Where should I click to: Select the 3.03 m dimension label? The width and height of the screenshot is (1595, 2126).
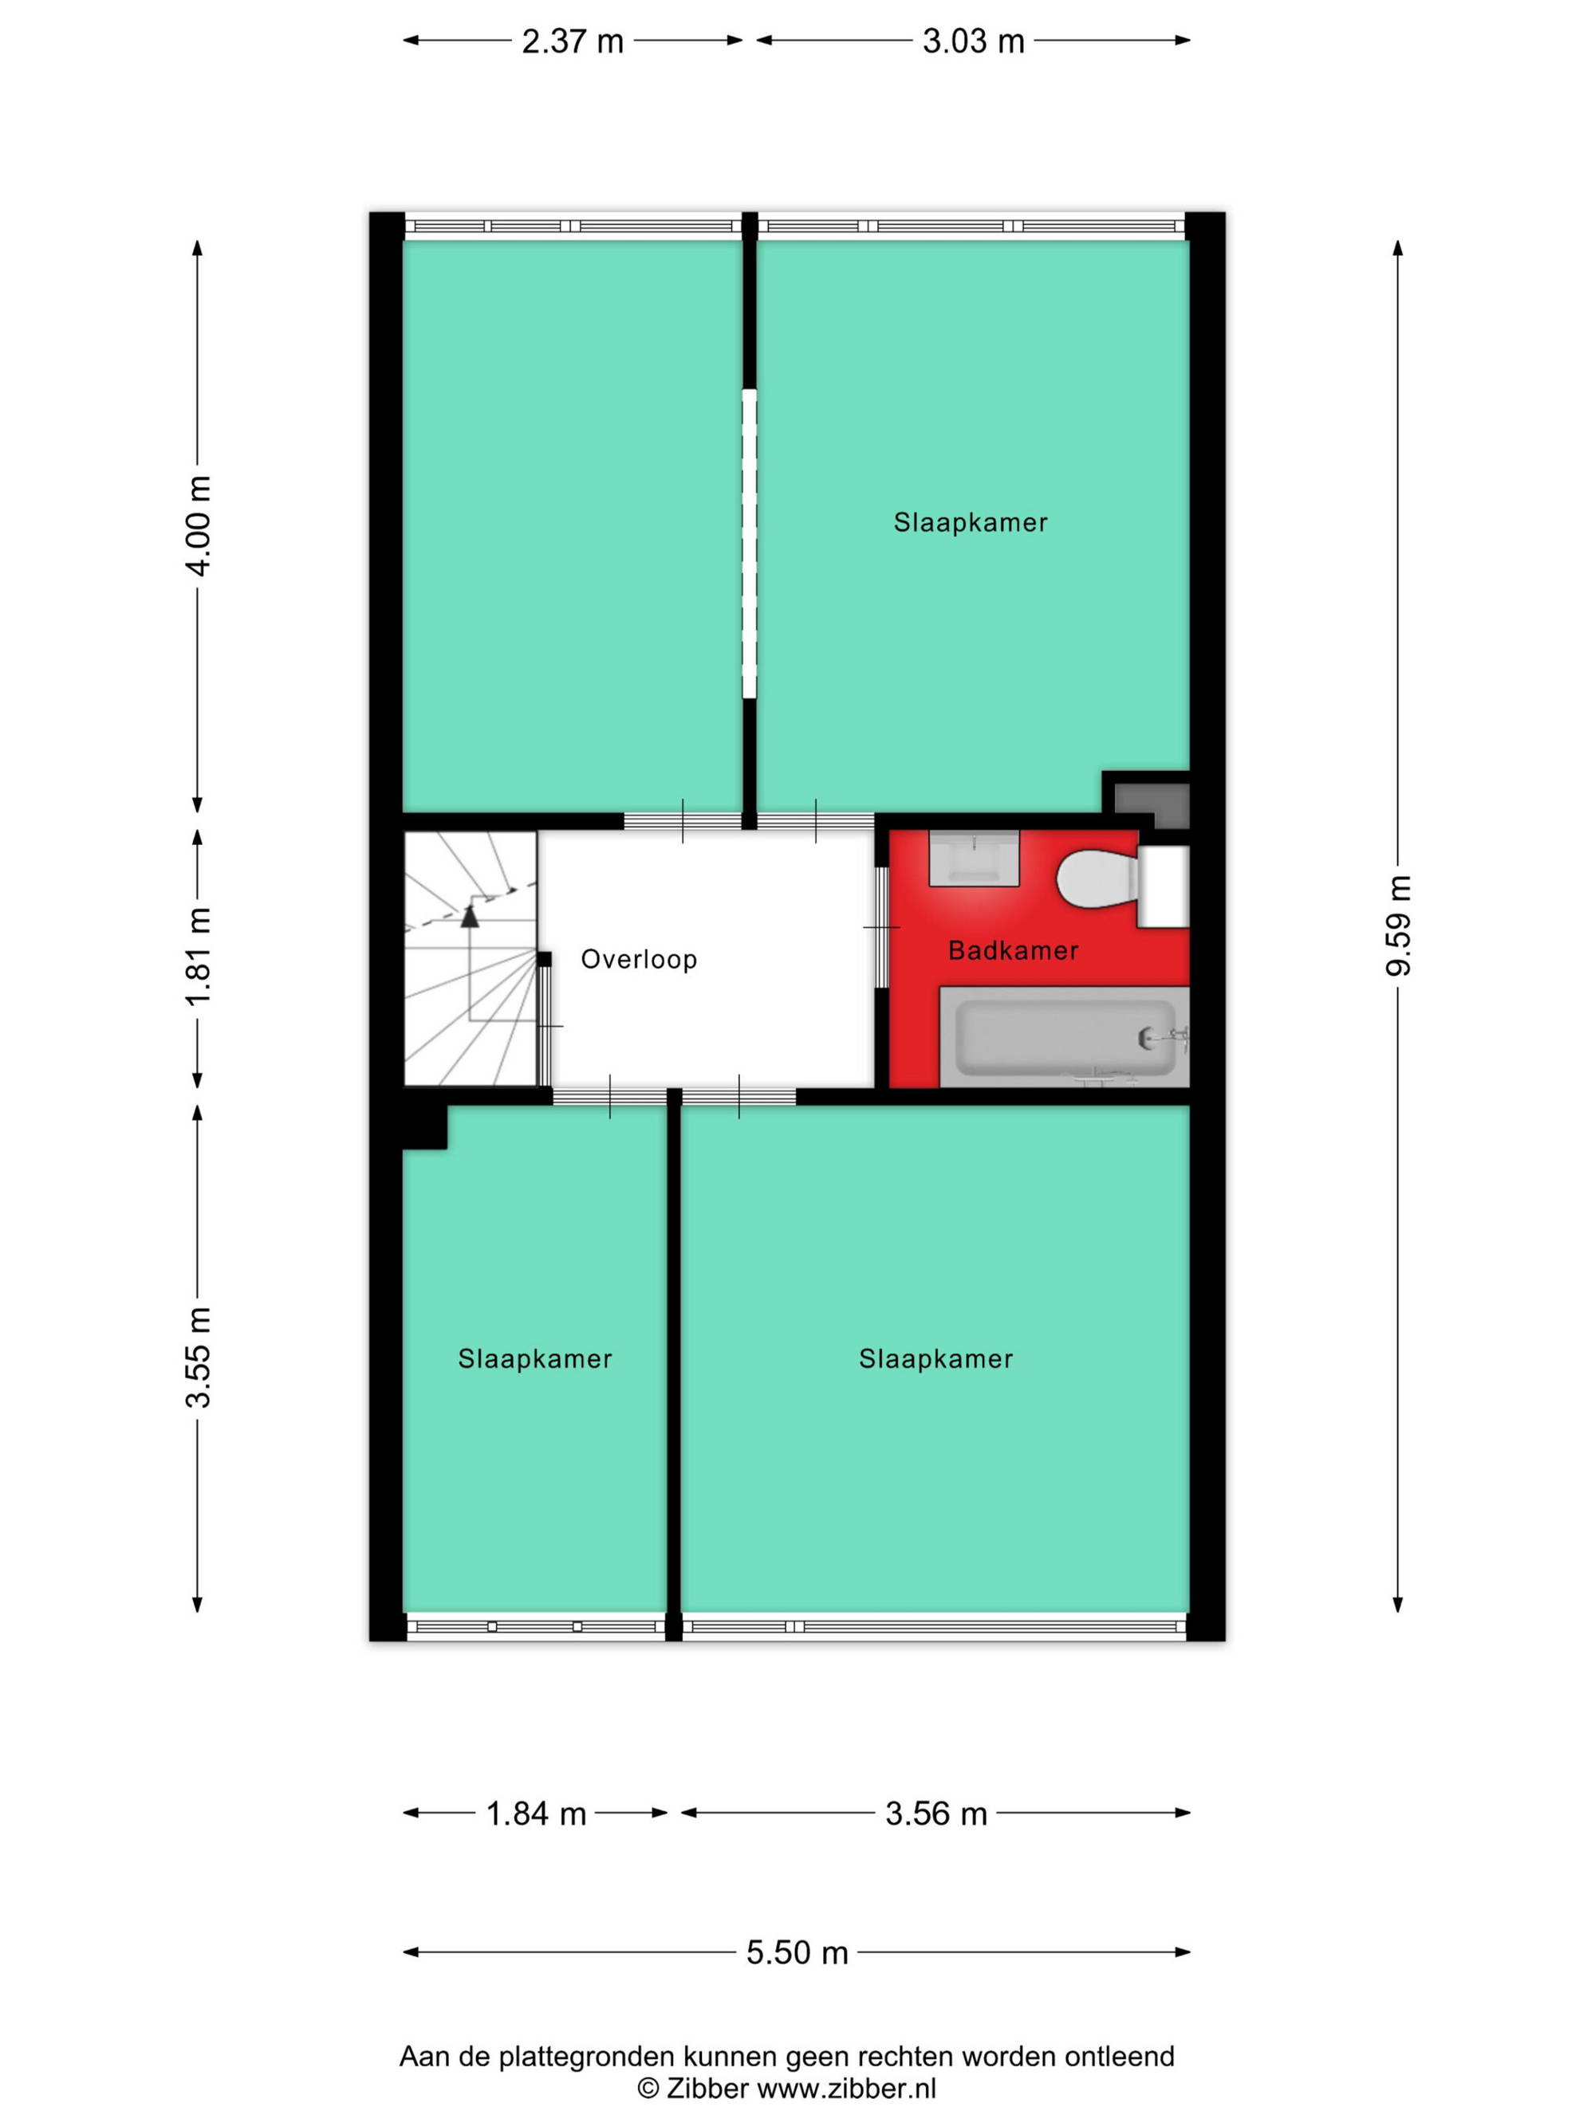pos(973,41)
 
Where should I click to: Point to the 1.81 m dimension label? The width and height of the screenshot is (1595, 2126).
pos(198,957)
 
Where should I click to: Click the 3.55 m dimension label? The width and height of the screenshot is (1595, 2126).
pos(198,1357)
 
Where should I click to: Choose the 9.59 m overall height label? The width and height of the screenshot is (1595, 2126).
pos(1398,925)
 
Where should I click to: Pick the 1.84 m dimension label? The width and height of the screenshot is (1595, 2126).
pos(535,1814)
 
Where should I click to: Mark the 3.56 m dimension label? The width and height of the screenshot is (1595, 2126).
pos(935,1814)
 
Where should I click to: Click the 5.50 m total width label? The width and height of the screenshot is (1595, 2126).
pos(797,1953)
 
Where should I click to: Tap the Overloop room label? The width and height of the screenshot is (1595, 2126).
pos(638,959)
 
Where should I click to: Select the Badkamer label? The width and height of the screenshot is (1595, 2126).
pos(1014,950)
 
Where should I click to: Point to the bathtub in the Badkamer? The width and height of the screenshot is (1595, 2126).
pos(1065,1037)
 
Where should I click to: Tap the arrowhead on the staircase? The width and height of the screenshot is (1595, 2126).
pos(469,915)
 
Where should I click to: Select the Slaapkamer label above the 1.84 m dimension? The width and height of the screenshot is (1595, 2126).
pos(534,1358)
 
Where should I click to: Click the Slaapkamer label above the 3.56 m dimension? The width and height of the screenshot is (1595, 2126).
pos(935,1358)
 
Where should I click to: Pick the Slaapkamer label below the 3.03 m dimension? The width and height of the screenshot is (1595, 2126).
pos(970,522)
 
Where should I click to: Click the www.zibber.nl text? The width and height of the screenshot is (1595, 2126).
pos(847,2088)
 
